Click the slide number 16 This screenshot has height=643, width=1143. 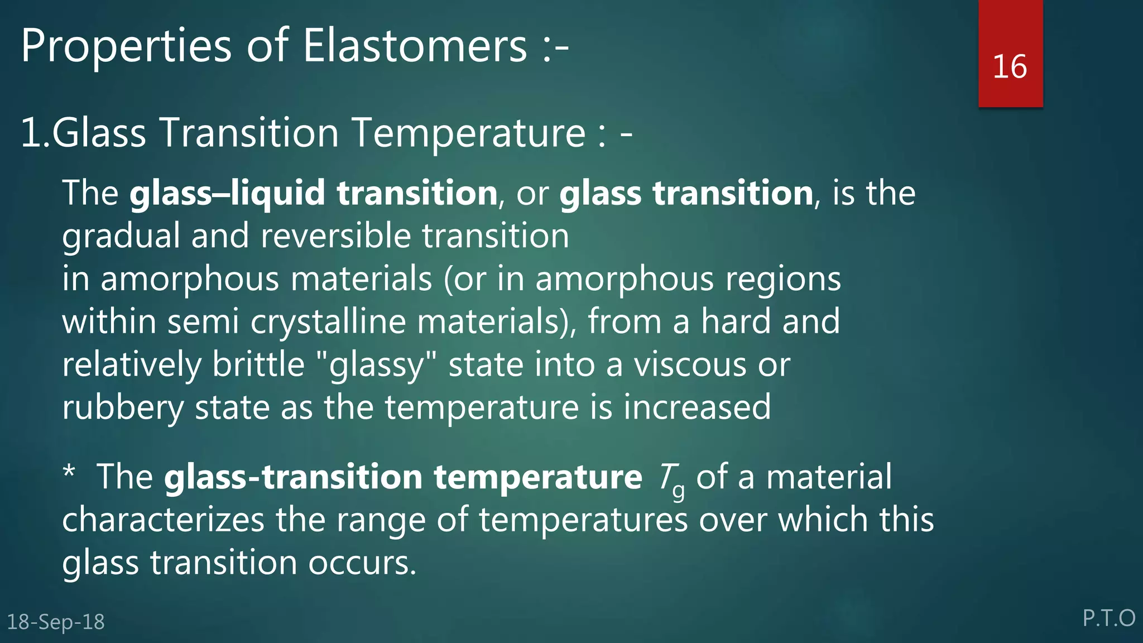[1010, 67]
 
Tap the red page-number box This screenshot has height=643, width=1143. [1010, 33]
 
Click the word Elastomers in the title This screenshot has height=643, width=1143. [415, 46]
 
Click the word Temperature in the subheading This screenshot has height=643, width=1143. [469, 134]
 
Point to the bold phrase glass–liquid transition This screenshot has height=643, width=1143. [314, 193]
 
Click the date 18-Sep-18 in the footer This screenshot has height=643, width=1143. [56, 622]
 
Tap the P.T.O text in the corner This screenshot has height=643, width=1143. [1108, 618]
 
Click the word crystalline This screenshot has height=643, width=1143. [328, 323]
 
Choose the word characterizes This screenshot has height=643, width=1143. [163, 520]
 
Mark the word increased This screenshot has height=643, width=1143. [697, 407]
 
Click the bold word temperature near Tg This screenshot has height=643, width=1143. [538, 478]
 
